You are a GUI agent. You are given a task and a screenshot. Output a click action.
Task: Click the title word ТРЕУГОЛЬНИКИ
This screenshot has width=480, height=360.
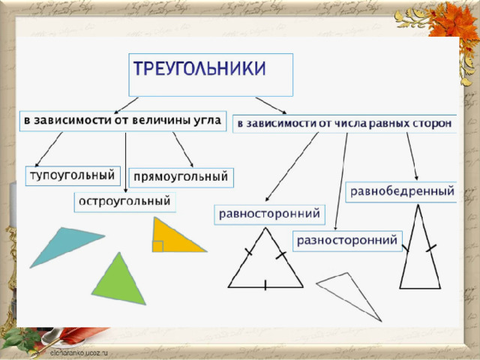[x=199, y=68]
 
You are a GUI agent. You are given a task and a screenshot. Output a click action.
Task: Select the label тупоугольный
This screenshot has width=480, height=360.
[x=73, y=175]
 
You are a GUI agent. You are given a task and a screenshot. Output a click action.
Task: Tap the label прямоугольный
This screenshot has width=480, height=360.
[x=181, y=177]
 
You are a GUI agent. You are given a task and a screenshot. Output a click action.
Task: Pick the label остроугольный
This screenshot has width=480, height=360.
[x=124, y=201]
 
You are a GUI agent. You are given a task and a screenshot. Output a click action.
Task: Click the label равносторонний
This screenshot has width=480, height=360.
[x=269, y=213]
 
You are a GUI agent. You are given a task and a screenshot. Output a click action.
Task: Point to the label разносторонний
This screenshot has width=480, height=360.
[x=347, y=240]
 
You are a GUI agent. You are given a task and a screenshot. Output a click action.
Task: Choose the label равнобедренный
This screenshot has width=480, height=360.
[x=402, y=191]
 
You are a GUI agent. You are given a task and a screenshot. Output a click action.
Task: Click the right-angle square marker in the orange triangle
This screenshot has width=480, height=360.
[x=158, y=247]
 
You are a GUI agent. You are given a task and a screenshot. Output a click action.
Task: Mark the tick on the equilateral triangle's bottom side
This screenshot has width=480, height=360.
[x=265, y=285]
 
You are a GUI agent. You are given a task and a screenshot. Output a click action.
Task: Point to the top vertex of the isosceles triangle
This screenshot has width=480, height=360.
[x=418, y=205]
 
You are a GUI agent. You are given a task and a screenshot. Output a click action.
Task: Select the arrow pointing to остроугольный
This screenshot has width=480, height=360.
[x=125, y=162]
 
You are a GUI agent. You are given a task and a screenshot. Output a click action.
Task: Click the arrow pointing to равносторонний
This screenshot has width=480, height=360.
[x=292, y=166]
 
